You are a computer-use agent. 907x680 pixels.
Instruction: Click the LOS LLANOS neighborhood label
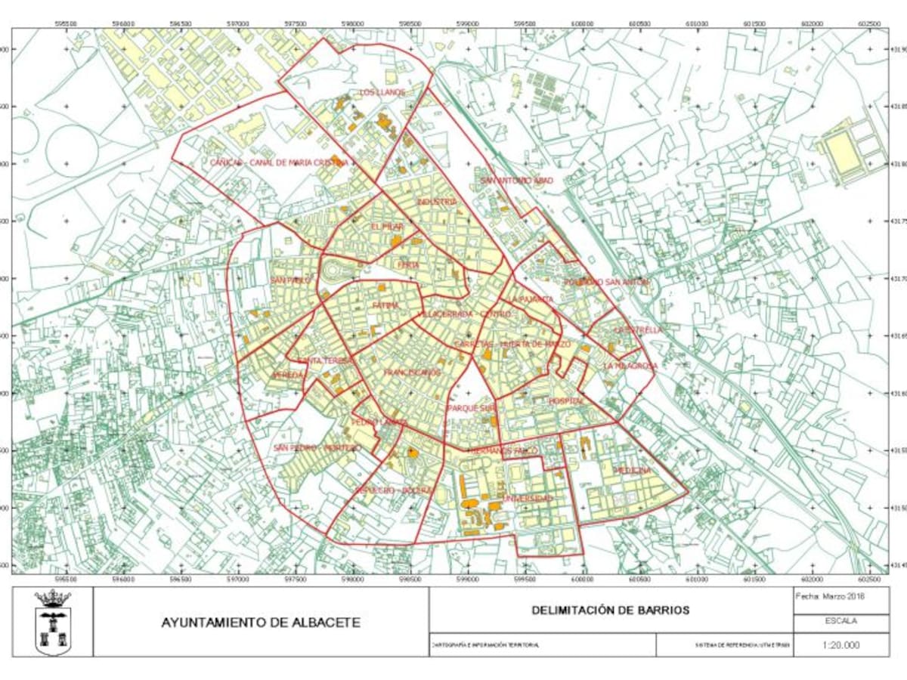pos(382,93)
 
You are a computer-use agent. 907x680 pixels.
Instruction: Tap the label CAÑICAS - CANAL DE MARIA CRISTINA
pos(279,162)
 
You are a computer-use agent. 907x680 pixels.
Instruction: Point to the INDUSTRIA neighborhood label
pos(437,202)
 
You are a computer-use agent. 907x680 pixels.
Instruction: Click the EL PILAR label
pos(387,227)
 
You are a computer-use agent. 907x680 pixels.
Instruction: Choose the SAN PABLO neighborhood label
pos(290,280)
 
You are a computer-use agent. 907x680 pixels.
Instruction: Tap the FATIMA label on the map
pos(385,305)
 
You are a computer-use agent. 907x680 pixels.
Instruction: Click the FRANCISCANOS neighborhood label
pos(412,372)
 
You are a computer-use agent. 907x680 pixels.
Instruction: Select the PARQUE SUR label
pos(471,407)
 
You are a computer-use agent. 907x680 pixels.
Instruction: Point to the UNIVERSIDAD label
pos(528,499)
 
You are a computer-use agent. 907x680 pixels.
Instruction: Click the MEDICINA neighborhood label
pos(632,470)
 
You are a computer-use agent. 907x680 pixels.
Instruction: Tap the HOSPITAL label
pos(566,400)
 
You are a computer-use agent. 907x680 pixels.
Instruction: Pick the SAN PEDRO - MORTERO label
pos(317,448)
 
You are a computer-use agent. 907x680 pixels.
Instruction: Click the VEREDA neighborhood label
pos(288,375)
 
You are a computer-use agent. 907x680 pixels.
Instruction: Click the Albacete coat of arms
pos(53,622)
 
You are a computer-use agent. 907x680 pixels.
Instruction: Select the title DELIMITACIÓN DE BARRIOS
pos(610,610)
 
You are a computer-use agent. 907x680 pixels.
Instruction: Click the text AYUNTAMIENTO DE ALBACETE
pos(261,623)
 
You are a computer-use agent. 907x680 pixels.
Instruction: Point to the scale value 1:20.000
pos(841,644)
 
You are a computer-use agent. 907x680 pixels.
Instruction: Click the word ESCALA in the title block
pos(841,621)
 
